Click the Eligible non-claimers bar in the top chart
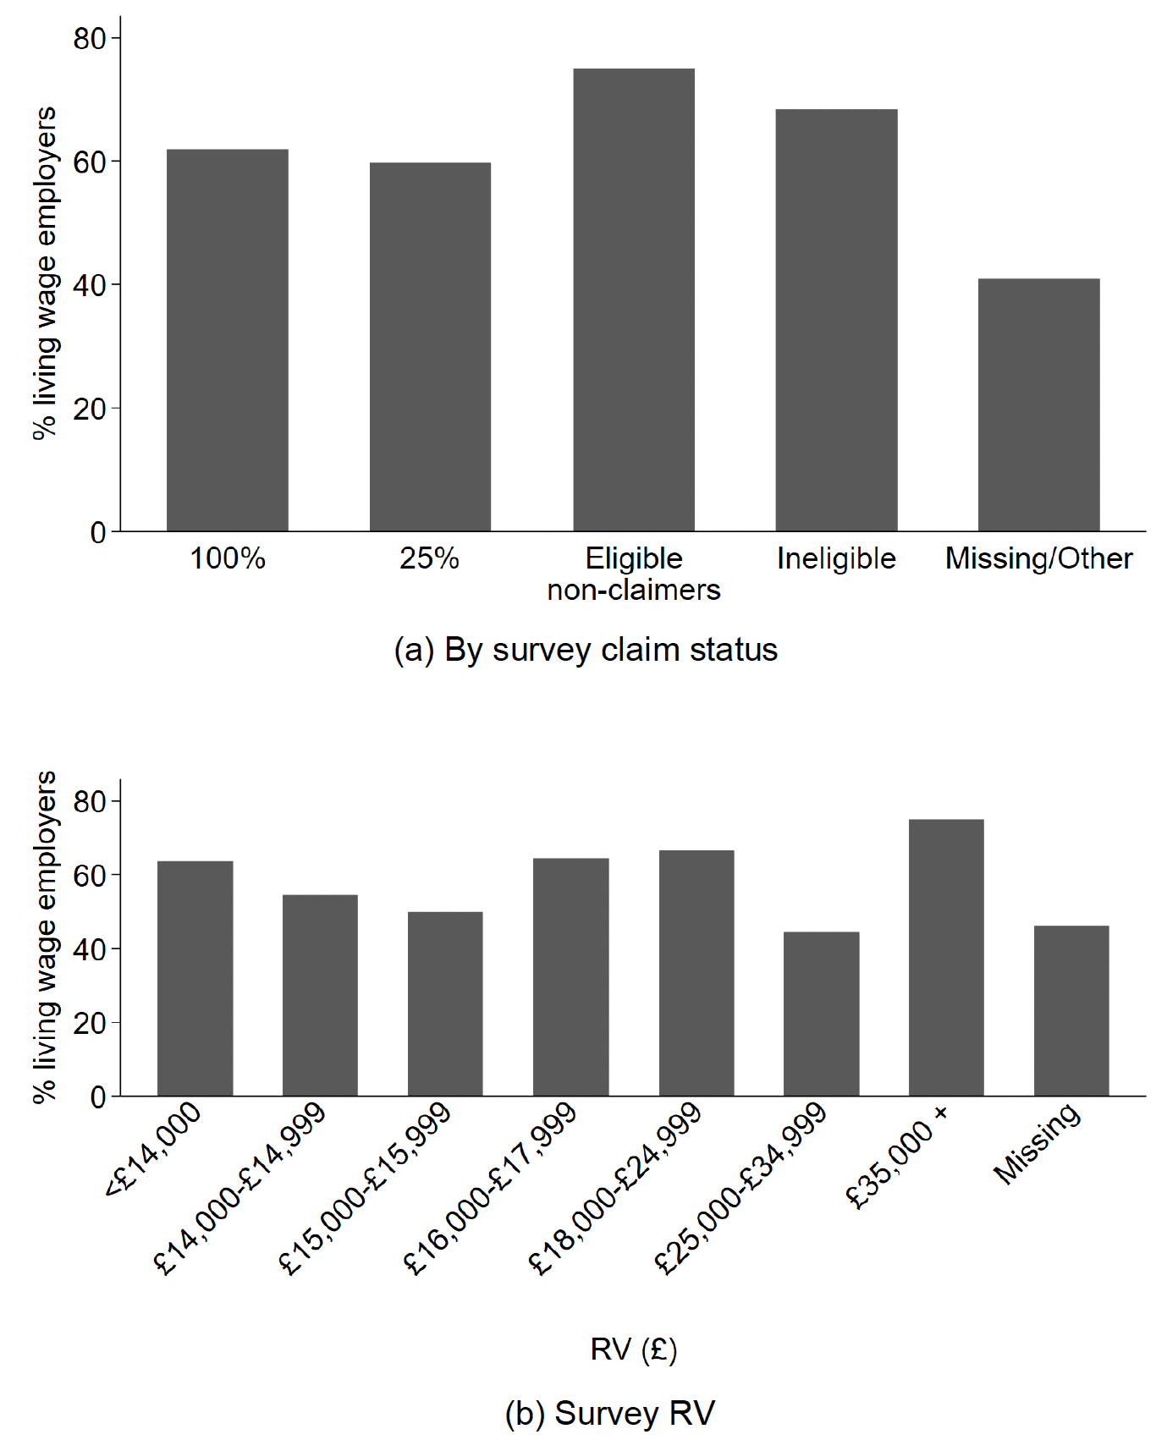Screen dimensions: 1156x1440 (x=634, y=300)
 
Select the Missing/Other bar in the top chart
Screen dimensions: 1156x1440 (x=1039, y=404)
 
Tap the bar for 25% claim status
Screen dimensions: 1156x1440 (x=430, y=347)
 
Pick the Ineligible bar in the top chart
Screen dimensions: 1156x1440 (x=836, y=320)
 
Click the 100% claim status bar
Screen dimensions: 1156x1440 (x=228, y=340)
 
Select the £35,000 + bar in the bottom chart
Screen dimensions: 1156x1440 (x=946, y=958)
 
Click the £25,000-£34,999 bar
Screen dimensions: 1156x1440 (x=821, y=1014)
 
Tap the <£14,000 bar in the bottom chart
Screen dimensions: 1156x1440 (x=195, y=978)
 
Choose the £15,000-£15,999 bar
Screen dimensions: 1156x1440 (x=445, y=1003)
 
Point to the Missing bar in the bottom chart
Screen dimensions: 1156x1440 (x=1071, y=1011)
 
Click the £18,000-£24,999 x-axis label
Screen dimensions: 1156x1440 (x=615, y=1189)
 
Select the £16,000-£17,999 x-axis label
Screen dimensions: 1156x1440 (x=490, y=1189)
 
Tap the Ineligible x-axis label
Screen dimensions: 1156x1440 (x=836, y=558)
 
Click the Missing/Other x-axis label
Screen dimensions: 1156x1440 (x=1039, y=558)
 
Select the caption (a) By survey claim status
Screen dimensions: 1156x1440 (x=586, y=650)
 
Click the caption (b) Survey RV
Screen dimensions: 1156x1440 (x=609, y=1413)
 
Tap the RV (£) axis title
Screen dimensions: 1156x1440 (x=634, y=1349)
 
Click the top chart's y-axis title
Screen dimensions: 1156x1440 (x=44, y=273)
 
